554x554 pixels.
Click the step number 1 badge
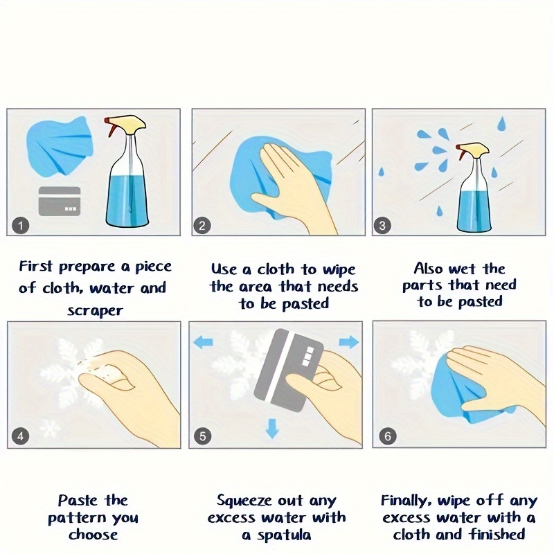click(21, 226)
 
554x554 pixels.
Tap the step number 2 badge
click(202, 226)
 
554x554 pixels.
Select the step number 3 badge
click(382, 226)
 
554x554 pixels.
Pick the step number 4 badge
click(20, 436)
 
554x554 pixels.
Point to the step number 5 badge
click(202, 436)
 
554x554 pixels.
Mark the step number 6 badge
click(387, 436)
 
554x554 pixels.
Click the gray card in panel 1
click(60, 202)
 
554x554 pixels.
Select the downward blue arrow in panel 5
click(271, 428)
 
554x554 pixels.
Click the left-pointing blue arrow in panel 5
click(203, 342)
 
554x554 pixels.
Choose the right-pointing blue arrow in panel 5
click(349, 342)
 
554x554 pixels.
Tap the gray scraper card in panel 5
click(289, 370)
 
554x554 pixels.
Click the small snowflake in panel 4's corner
click(50, 428)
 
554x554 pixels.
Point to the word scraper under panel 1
click(95, 311)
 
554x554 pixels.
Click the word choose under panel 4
click(93, 534)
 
